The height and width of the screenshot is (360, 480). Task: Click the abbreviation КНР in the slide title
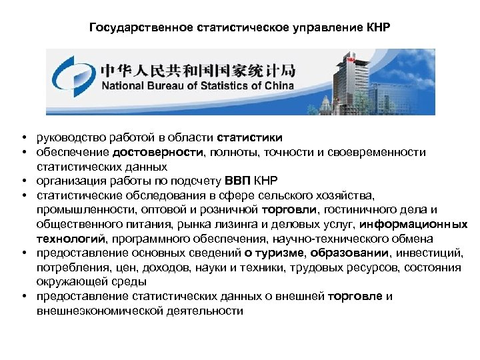click(x=377, y=29)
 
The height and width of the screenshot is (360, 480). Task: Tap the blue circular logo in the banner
click(x=71, y=79)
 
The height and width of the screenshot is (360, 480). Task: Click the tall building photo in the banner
click(x=360, y=80)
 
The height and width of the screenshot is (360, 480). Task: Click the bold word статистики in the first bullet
click(x=249, y=137)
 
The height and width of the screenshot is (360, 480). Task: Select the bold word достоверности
click(x=169, y=152)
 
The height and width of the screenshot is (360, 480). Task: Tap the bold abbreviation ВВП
click(x=238, y=181)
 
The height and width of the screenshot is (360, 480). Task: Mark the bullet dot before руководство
click(x=23, y=137)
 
